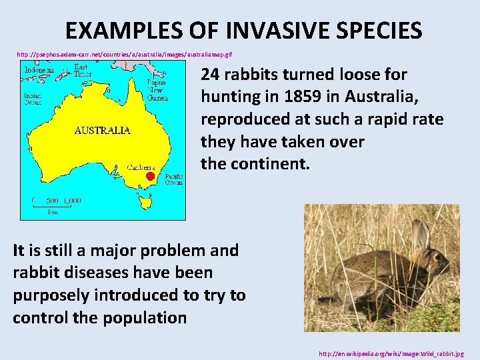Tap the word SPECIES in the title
(378, 31)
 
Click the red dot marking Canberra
(151, 177)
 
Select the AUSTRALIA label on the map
(102, 131)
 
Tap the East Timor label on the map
(81, 71)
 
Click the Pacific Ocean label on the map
(173, 178)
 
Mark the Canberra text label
(141, 167)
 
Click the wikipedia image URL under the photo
(391, 353)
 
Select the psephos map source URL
(125, 53)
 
